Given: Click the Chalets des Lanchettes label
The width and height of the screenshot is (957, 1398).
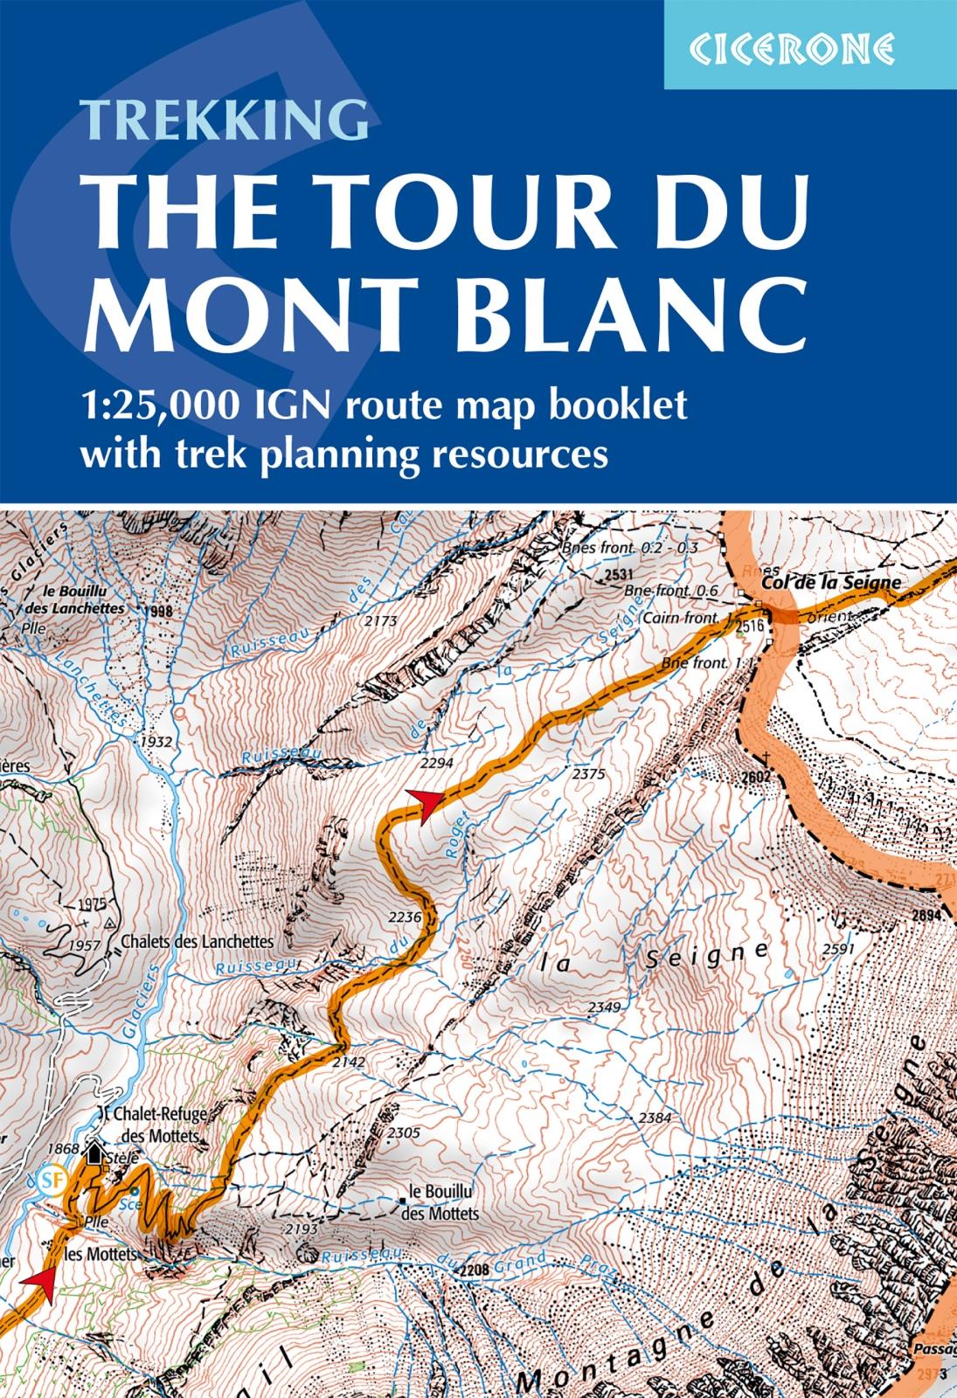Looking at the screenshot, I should point(198,942).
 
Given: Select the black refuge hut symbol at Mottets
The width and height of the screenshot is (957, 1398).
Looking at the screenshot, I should point(95,1154).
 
